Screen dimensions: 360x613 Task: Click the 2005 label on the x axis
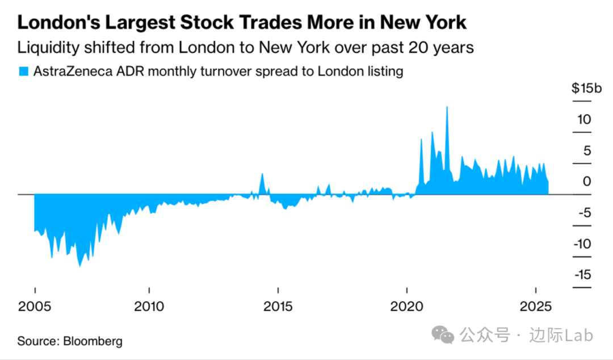tap(35, 307)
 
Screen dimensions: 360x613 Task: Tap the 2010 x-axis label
tap(149, 307)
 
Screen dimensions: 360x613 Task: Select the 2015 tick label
tap(278, 307)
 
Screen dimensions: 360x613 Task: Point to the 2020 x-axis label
tap(407, 307)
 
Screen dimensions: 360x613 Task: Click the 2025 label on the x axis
tap(536, 307)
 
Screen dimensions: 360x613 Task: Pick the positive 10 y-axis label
tap(585, 120)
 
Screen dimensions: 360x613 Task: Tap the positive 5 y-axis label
tap(587, 150)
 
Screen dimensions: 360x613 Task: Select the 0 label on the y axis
tap(587, 182)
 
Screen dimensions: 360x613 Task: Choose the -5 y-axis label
tap(585, 213)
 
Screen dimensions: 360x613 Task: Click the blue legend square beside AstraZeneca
tap(23, 72)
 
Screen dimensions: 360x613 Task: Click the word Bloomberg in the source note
tap(93, 341)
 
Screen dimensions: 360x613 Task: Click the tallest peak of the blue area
tap(447, 107)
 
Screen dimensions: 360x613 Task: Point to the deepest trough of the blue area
tap(79, 266)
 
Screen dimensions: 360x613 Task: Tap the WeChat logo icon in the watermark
tap(443, 335)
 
